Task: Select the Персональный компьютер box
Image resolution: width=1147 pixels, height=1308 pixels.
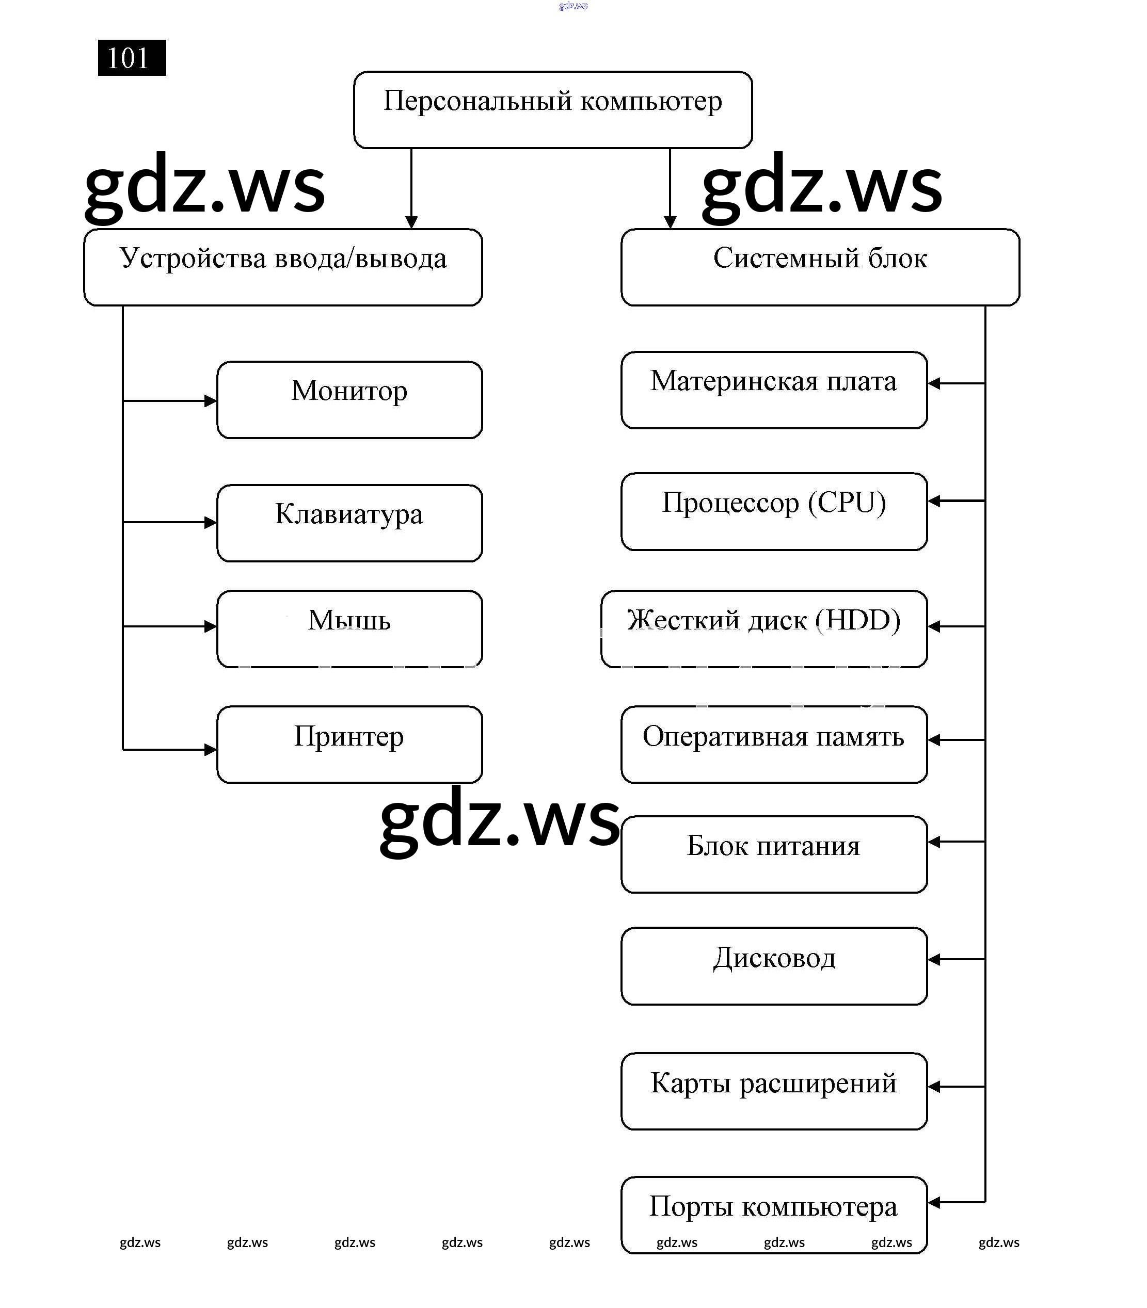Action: [x=552, y=109]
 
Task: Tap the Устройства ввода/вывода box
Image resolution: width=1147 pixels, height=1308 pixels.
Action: [x=283, y=267]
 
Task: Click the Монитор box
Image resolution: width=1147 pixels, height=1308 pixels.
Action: [x=349, y=400]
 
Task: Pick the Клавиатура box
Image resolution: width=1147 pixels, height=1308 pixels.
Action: [x=349, y=523]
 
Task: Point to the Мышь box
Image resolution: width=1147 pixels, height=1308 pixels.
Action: [x=349, y=628]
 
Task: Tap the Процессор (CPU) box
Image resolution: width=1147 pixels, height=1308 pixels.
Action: [x=774, y=511]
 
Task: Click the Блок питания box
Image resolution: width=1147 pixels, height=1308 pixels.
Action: [x=774, y=854]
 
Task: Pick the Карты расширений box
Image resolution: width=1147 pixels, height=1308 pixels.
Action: [x=774, y=1091]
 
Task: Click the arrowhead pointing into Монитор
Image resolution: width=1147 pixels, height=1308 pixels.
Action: [x=211, y=401]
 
